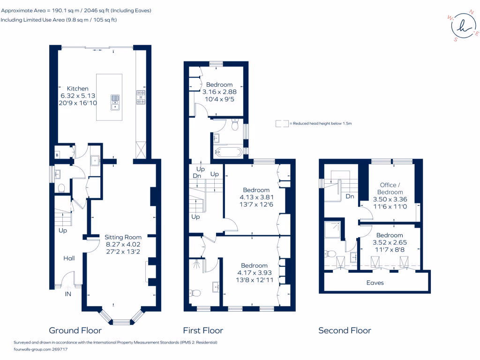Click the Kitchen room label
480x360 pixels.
(78, 89)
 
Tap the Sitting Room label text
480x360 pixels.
(123, 237)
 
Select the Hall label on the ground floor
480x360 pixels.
(69, 258)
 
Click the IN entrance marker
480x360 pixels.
(68, 294)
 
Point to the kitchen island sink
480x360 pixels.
(115, 102)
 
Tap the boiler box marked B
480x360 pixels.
(57, 155)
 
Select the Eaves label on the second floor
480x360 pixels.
(375, 283)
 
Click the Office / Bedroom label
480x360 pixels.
(390, 188)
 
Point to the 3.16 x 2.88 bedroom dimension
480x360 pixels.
(219, 92)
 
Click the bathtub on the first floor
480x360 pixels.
(228, 151)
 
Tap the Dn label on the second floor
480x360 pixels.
(350, 196)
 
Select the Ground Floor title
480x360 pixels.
(75, 330)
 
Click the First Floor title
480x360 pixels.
(203, 330)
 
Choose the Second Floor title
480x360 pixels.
(345, 330)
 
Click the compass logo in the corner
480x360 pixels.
(463, 26)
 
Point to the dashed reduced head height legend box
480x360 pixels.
(282, 124)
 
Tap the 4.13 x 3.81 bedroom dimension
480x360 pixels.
(256, 197)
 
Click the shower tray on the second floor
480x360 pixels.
(332, 230)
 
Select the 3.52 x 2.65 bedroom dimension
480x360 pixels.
(390, 242)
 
